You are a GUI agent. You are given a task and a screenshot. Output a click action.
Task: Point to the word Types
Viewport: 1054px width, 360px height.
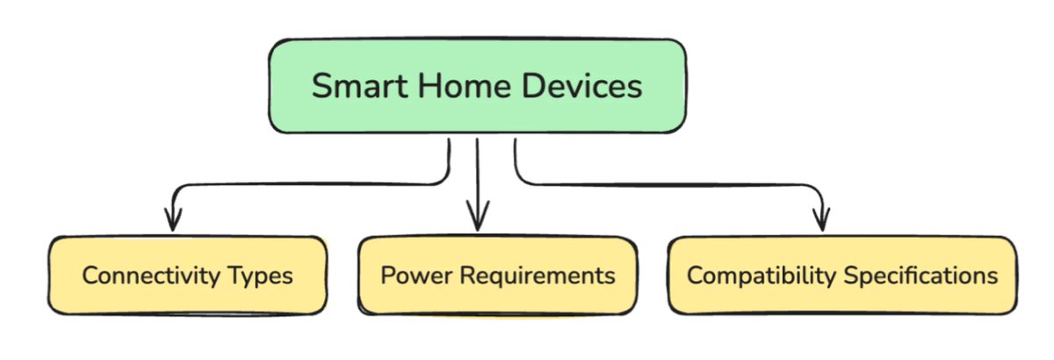click(262, 276)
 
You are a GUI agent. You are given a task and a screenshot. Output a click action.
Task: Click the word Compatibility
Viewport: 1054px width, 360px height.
click(762, 275)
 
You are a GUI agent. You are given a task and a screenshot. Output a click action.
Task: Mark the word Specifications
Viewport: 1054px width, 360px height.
click(921, 275)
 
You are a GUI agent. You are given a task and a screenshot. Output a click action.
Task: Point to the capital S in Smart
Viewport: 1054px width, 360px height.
click(322, 87)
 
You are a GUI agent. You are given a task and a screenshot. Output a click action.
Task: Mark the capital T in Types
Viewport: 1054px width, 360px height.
click(238, 275)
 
